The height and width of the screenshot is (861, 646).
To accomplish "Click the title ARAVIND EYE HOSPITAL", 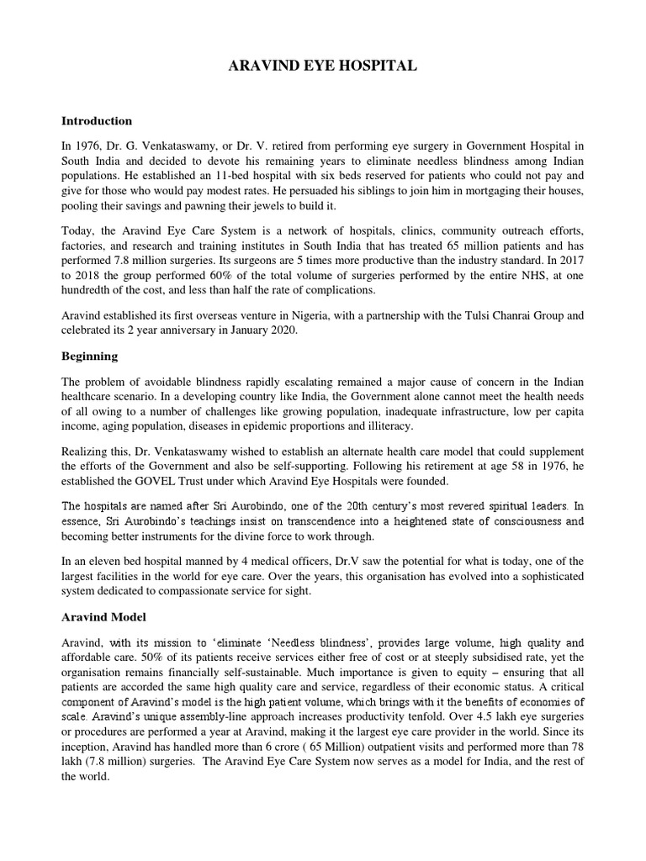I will coord(323,65).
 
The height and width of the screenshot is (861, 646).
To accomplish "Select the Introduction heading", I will coord(97,120).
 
